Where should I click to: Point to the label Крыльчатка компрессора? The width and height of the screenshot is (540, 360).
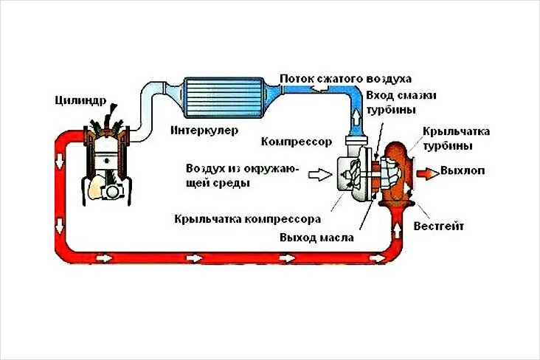(x=246, y=218)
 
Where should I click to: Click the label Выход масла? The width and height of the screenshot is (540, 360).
(x=316, y=238)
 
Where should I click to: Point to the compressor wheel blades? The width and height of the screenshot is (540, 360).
(x=353, y=174)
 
